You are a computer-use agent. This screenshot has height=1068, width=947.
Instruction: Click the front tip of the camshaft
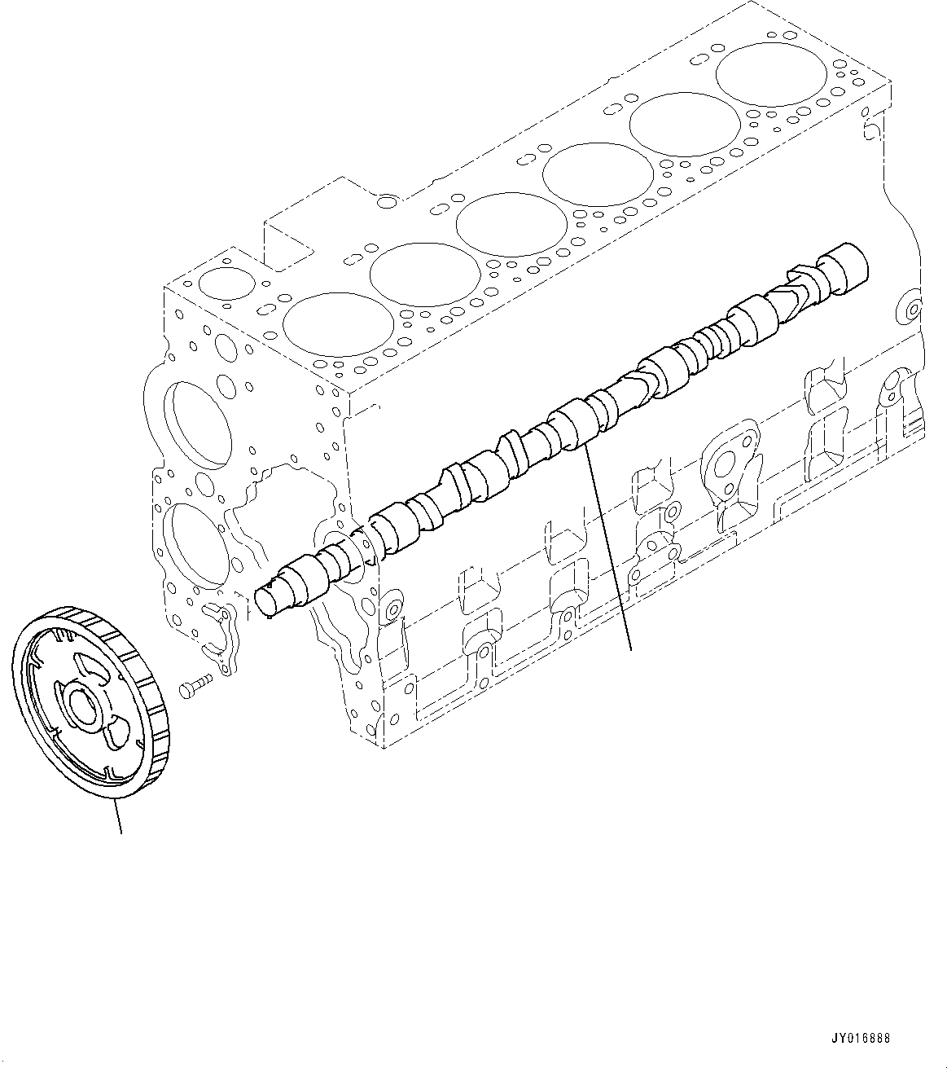pyautogui.click(x=266, y=601)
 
